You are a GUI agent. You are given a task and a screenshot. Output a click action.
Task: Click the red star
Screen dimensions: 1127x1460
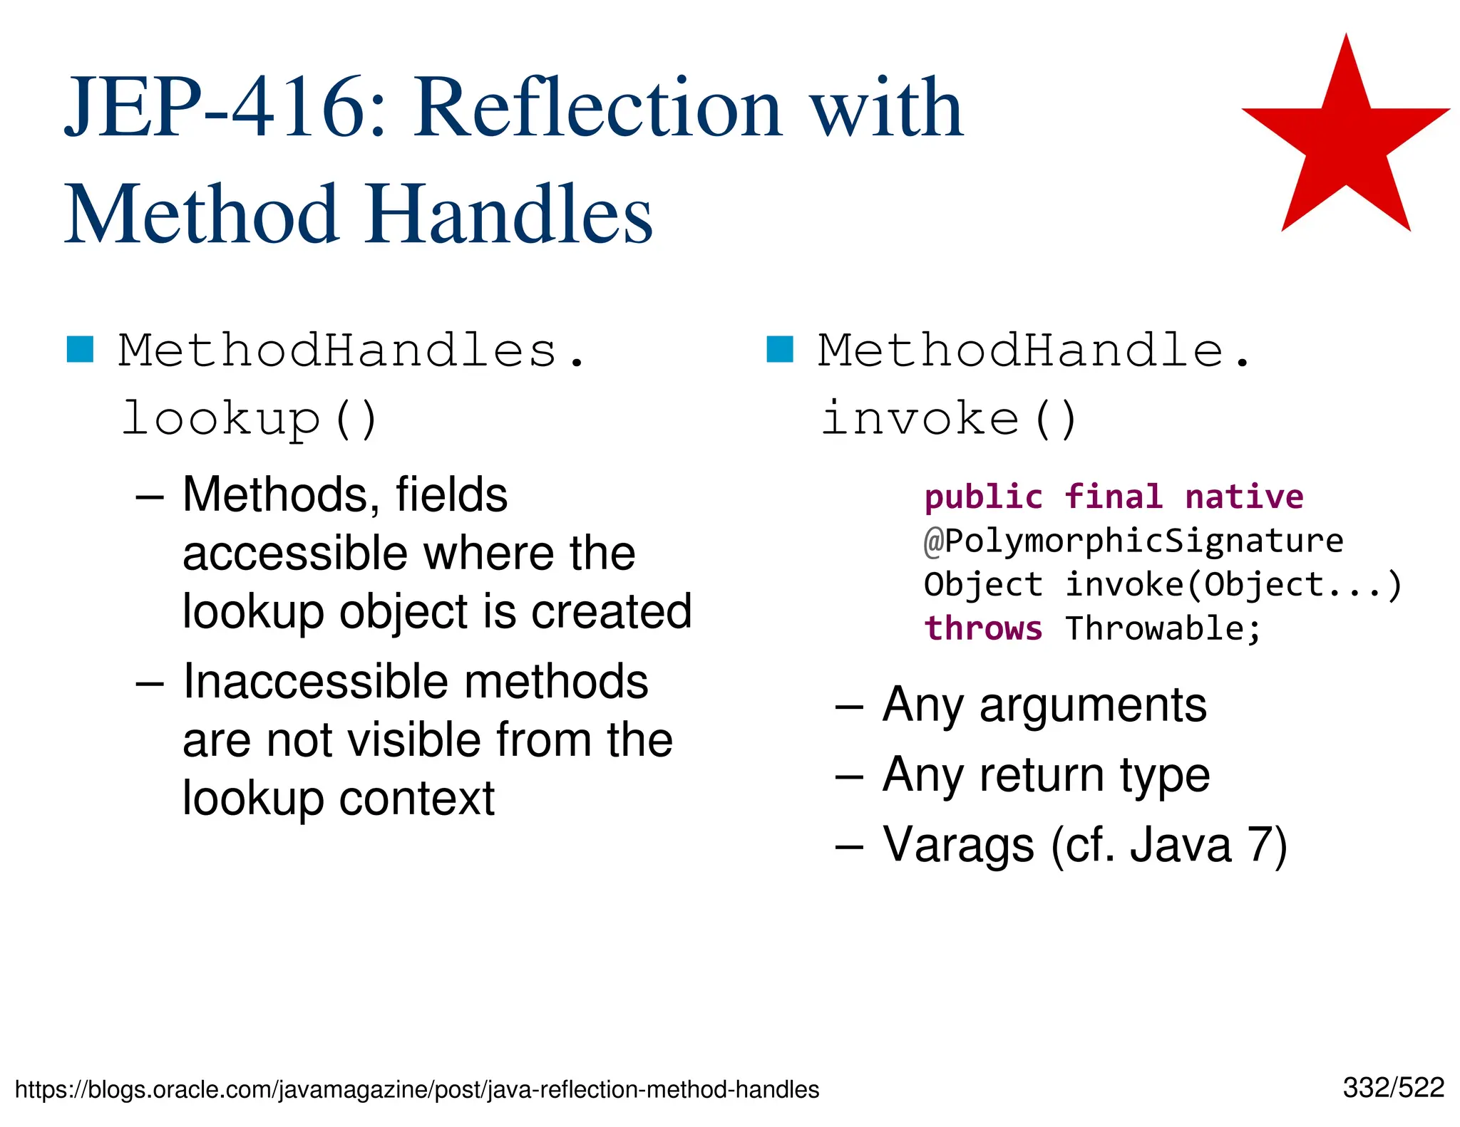coord(1345,142)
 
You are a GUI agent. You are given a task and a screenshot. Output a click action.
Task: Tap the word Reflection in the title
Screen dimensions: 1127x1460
coord(598,108)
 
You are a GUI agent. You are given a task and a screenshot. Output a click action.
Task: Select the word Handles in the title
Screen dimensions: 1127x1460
coord(510,214)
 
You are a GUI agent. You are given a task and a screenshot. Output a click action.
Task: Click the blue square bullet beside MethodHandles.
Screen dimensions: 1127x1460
coord(81,349)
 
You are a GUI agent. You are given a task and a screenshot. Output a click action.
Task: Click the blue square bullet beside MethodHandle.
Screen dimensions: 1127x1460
coord(780,349)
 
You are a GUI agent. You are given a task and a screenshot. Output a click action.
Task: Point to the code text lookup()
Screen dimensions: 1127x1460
coord(250,418)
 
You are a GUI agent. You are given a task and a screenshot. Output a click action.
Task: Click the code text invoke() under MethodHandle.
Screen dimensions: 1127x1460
coord(949,418)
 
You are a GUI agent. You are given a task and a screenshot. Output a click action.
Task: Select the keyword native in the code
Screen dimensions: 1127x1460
coord(1244,497)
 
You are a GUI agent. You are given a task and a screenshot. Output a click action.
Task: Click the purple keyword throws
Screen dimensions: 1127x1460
coord(983,628)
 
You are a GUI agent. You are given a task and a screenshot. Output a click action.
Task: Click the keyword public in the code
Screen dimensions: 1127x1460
coord(983,497)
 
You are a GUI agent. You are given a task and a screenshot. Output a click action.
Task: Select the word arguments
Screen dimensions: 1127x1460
coord(1093,705)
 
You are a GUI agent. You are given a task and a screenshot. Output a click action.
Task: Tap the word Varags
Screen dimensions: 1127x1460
coord(958,845)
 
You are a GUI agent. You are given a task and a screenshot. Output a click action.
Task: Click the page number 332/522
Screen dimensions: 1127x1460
coord(1393,1088)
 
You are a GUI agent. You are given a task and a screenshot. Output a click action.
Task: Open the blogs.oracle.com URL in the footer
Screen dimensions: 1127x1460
coord(417,1090)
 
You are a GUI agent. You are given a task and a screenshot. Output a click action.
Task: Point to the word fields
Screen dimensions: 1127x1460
coord(451,495)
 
